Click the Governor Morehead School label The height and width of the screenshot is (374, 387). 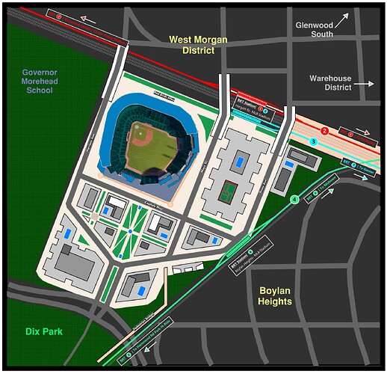38,80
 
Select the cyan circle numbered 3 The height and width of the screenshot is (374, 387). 314,141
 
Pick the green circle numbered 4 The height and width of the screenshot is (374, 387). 294,199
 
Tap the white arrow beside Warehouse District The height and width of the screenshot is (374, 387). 365,85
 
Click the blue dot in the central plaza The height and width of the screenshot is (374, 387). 129,231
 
